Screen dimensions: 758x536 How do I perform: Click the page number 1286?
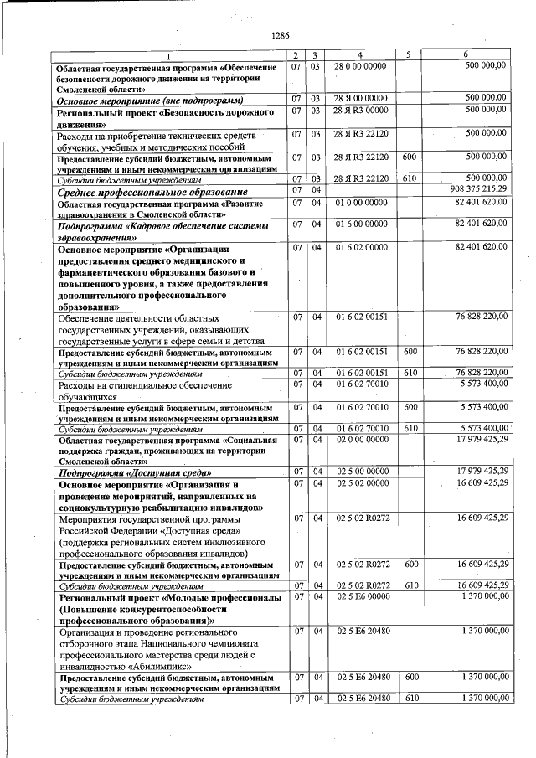click(281, 35)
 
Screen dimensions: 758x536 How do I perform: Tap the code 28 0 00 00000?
click(360, 66)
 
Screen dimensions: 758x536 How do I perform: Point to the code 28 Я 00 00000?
click(360, 100)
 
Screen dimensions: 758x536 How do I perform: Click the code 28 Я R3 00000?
click(360, 111)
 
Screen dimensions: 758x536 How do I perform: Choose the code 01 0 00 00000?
click(360, 203)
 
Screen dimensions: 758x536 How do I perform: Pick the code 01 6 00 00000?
click(360, 224)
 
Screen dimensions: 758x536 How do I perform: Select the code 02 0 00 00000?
click(360, 439)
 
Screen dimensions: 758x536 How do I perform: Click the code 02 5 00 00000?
click(360, 472)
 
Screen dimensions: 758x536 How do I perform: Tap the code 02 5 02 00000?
click(360, 483)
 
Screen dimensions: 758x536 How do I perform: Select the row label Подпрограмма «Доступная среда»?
click(133, 472)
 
